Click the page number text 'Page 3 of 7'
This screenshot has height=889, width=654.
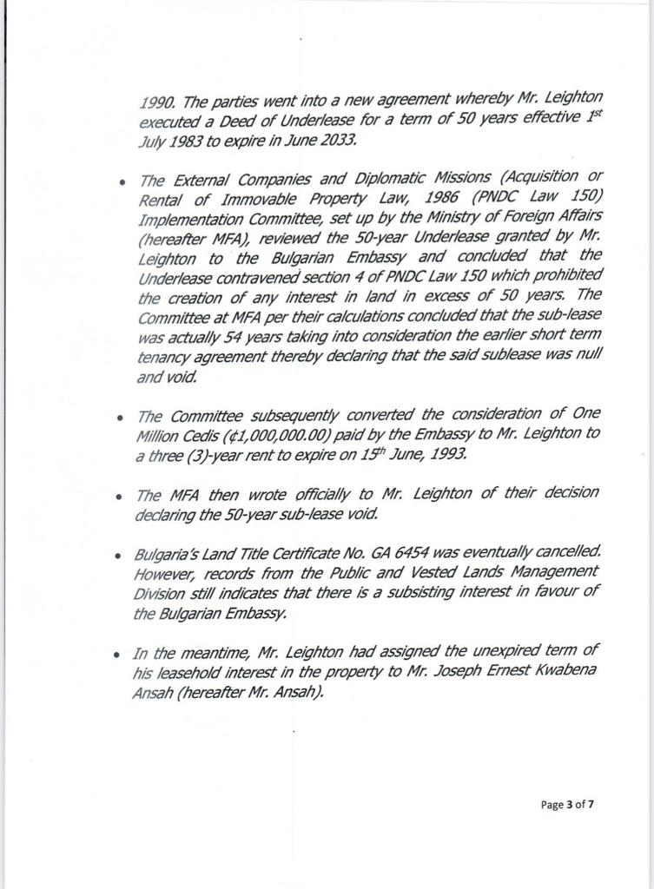[567, 804]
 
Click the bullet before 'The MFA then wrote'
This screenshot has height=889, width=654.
[119, 496]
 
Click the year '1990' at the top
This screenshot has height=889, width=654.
[156, 101]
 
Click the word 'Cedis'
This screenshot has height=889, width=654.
[184, 433]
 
